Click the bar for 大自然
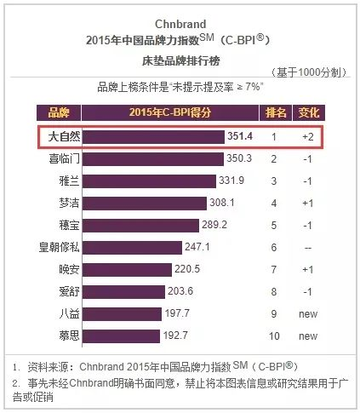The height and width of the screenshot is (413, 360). pyautogui.click(x=153, y=137)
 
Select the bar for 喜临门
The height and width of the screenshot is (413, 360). pyautogui.click(x=153, y=159)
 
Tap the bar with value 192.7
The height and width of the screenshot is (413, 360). pyautogui.click(x=121, y=336)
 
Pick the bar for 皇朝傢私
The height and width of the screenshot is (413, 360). pyautogui.click(x=132, y=248)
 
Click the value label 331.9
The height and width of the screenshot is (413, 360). pyautogui.click(x=231, y=181)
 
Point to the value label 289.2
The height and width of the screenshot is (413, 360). pyautogui.click(x=214, y=225)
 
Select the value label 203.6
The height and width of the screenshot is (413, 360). pyautogui.click(x=180, y=291)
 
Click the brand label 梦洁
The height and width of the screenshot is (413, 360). pyautogui.click(x=69, y=204)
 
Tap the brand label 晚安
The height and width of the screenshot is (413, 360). pyautogui.click(x=69, y=270)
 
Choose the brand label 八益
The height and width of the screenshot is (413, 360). pyautogui.click(x=69, y=314)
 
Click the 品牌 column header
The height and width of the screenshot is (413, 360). pyautogui.click(x=59, y=112)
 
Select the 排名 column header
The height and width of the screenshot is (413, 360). pyautogui.click(x=276, y=112)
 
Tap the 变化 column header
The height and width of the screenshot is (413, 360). pyautogui.click(x=309, y=112)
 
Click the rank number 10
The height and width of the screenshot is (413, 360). pyautogui.click(x=274, y=336)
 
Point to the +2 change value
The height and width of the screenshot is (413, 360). pyautogui.click(x=308, y=137)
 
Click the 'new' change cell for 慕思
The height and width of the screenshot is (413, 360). pyautogui.click(x=308, y=336)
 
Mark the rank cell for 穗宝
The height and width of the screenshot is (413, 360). pyautogui.click(x=274, y=226)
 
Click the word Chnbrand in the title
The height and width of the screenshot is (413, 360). pyautogui.click(x=180, y=24)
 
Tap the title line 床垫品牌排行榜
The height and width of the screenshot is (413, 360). pyautogui.click(x=181, y=60)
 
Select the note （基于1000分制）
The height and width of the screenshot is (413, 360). pyautogui.click(x=309, y=72)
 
